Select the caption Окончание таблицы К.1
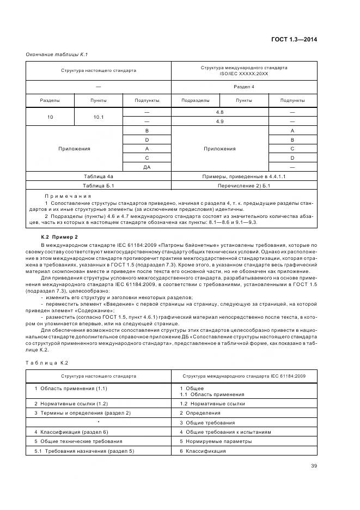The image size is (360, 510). (x=57, y=54)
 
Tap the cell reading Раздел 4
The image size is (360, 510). (x=244, y=87)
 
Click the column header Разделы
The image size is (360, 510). (x=50, y=100)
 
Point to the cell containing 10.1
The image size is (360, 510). (x=98, y=116)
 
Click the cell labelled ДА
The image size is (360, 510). (x=147, y=167)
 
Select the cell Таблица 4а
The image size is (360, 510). (x=99, y=177)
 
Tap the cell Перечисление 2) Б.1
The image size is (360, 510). (x=244, y=186)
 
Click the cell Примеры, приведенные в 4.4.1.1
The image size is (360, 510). (x=244, y=177)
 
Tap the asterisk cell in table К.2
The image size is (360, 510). (x=99, y=422)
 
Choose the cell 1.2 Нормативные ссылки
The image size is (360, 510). (x=212, y=404)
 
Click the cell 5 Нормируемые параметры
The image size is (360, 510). (x=216, y=441)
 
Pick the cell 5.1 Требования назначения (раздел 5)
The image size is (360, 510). (x=84, y=451)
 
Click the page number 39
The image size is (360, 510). (x=313, y=465)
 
